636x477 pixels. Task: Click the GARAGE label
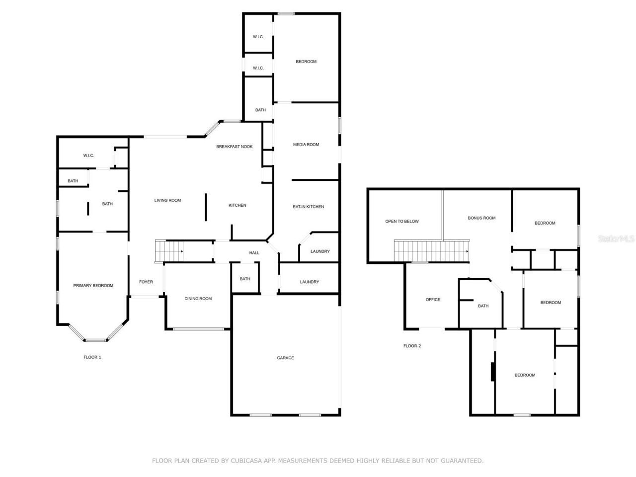click(x=285, y=358)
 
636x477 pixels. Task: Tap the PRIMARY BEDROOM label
click(x=93, y=286)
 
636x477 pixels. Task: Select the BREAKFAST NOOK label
click(x=235, y=147)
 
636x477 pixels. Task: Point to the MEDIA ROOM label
click(x=306, y=145)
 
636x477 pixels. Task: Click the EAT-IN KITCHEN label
click(x=308, y=207)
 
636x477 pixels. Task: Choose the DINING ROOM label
click(x=198, y=299)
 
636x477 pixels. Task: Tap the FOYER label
click(x=146, y=282)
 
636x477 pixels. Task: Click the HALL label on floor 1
click(x=254, y=253)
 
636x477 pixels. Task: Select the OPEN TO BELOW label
click(x=402, y=222)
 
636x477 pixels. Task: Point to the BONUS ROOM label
click(x=481, y=218)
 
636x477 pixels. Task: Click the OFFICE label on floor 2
click(x=433, y=300)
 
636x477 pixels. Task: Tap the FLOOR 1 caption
click(x=92, y=357)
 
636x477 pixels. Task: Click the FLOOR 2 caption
click(x=412, y=346)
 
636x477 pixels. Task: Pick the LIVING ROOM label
click(x=167, y=201)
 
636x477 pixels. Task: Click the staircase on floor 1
click(x=169, y=250)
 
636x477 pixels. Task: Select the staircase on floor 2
click(x=431, y=250)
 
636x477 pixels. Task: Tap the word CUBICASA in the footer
click(x=247, y=461)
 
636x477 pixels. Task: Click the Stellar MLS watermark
click(x=616, y=239)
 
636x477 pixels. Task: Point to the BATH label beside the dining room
click(x=245, y=279)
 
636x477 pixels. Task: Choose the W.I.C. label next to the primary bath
click(x=88, y=156)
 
